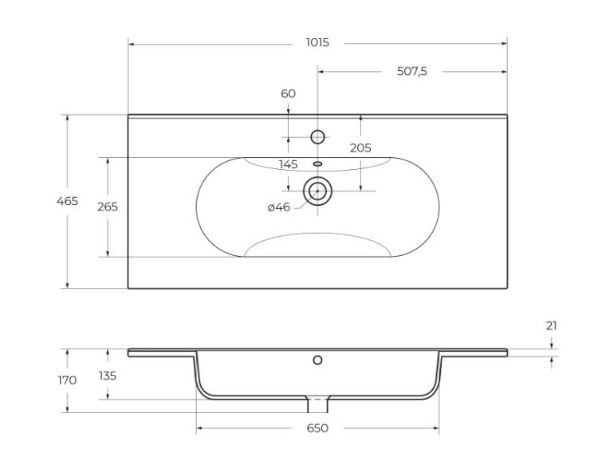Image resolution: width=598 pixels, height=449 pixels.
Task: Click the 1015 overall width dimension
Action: (317, 42)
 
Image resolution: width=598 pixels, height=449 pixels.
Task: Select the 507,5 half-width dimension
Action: (412, 71)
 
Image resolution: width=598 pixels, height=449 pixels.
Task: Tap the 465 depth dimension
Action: (67, 201)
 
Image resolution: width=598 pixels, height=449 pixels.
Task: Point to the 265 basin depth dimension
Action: (108, 207)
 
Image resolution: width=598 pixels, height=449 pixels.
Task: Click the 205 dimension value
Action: (360, 148)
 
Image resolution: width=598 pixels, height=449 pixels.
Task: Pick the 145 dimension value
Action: (288, 164)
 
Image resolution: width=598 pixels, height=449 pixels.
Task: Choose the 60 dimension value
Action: (288, 93)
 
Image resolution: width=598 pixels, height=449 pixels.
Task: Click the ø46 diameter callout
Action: (279, 207)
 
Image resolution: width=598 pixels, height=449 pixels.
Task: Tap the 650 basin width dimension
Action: (317, 428)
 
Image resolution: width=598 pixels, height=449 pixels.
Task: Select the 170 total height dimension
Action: (67, 380)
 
